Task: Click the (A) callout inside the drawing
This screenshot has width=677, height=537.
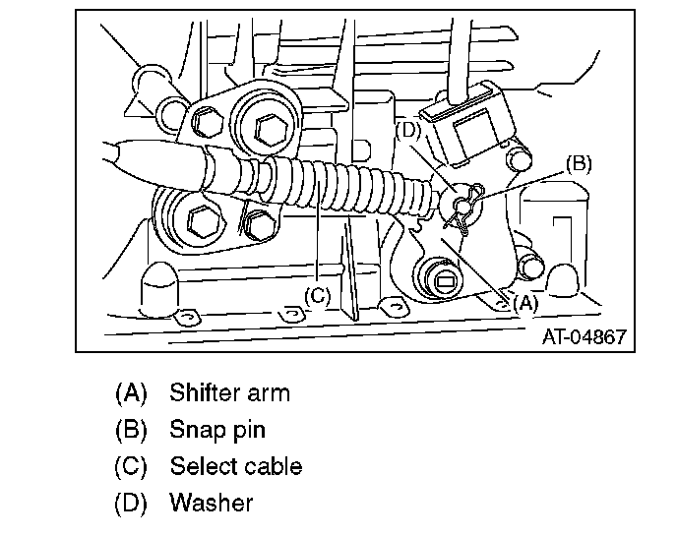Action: (523, 303)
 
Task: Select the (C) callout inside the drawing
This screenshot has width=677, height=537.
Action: (317, 294)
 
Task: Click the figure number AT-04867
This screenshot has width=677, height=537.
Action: (584, 336)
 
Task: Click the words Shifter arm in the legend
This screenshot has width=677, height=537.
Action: (229, 393)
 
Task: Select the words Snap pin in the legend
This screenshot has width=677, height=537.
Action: (216, 430)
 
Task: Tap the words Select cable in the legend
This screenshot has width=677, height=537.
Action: (235, 466)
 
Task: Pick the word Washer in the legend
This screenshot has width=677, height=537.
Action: (211, 503)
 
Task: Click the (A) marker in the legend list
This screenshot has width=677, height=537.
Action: (132, 393)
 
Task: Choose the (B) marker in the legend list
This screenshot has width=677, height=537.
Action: (132, 430)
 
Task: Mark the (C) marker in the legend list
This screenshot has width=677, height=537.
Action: (132, 466)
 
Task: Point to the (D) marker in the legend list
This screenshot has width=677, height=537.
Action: (132, 503)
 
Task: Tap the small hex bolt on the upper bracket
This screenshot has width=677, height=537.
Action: (207, 123)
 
